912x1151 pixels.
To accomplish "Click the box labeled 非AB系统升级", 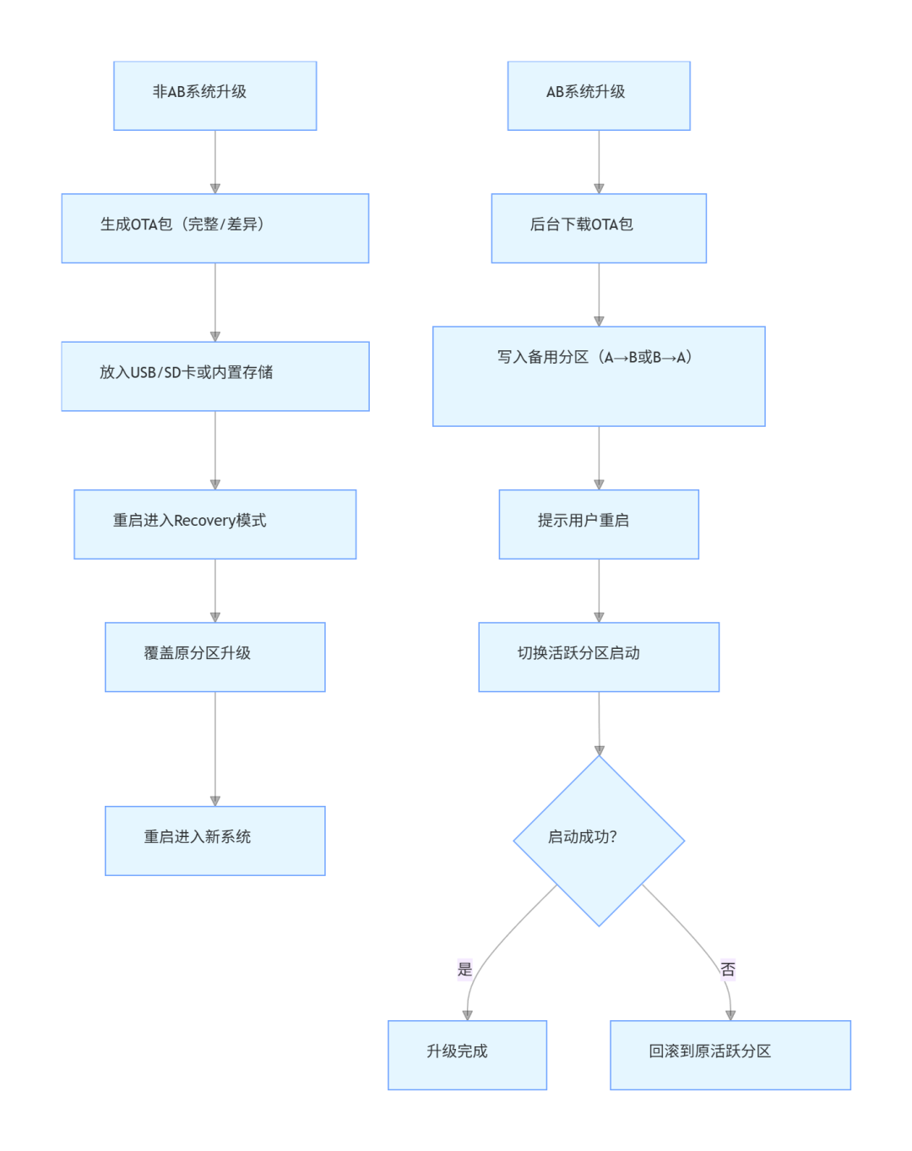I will point(214,95).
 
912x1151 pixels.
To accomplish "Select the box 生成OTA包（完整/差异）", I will point(214,228).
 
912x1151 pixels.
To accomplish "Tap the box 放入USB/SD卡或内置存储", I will point(214,376).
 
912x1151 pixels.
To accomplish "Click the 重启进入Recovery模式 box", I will point(214,524).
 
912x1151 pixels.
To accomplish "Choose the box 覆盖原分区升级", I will point(214,657).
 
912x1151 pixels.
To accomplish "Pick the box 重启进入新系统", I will point(214,840).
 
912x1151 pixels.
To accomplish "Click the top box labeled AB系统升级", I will point(599,95).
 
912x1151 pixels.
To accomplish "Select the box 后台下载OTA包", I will point(599,228).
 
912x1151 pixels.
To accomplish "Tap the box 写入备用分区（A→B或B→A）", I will point(599,376).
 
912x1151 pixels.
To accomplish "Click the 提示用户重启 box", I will point(599,524).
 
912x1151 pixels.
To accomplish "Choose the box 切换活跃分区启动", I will point(599,657).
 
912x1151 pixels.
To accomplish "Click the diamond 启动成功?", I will point(599,840).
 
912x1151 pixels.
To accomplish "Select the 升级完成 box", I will point(467,1055).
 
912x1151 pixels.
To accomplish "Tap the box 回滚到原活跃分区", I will point(730,1055).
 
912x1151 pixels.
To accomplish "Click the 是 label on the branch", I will point(464,970).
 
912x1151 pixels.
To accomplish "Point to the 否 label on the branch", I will point(728,970).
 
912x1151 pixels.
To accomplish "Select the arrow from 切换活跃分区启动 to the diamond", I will point(599,723).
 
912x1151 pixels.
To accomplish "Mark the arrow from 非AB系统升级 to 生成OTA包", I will point(214,162).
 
